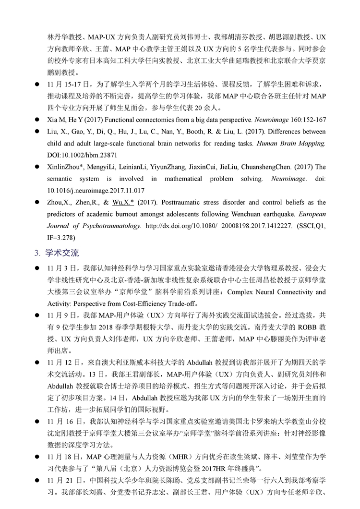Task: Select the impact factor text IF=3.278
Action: (61, 238)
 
